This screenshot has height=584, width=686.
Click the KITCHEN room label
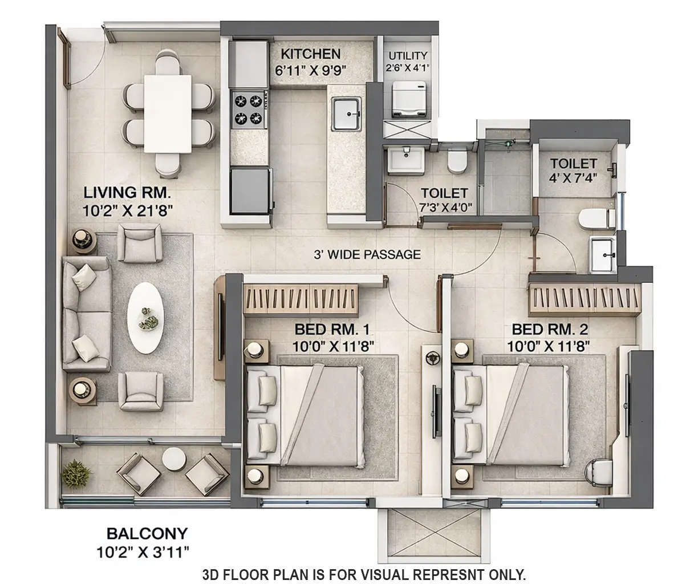311,54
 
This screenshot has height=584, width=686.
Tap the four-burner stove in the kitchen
249,109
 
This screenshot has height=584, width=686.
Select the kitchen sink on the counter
346,112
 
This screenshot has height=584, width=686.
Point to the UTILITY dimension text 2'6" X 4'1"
408,67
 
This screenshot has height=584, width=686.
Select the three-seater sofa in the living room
86,314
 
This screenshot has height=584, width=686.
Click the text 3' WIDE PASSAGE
367,254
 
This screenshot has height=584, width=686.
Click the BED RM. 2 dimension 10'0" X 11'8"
548,345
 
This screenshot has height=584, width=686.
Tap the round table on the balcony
173,459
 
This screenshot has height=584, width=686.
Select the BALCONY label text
147,533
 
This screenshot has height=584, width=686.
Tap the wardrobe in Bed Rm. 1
302,299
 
